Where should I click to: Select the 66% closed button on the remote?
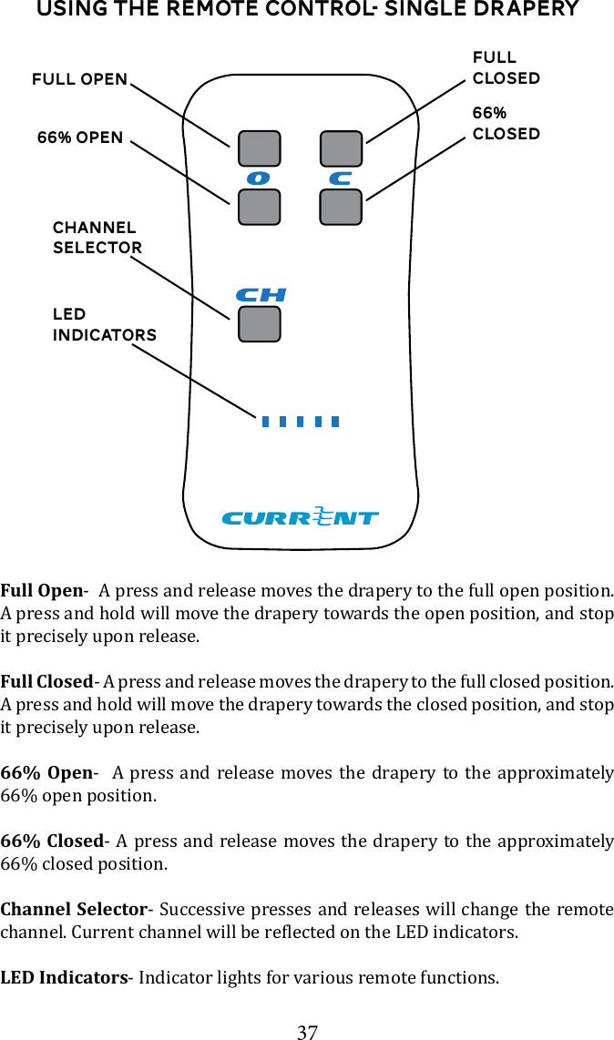click(x=342, y=207)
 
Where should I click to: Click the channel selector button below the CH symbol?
click(x=259, y=324)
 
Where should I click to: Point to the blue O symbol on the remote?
click(x=259, y=178)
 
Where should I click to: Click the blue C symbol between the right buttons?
click(x=341, y=178)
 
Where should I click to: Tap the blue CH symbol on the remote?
click(x=261, y=295)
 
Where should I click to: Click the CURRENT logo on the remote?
click(x=300, y=517)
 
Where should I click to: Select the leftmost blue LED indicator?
click(x=265, y=422)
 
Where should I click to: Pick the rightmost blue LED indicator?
click(x=335, y=422)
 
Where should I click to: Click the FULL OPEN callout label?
click(x=80, y=79)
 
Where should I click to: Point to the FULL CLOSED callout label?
click(x=506, y=68)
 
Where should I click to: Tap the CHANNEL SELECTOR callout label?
click(x=97, y=238)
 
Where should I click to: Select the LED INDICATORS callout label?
click(x=104, y=325)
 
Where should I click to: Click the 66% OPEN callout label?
click(x=80, y=138)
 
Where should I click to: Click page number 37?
click(x=308, y=1032)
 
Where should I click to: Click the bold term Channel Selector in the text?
click(x=74, y=910)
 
